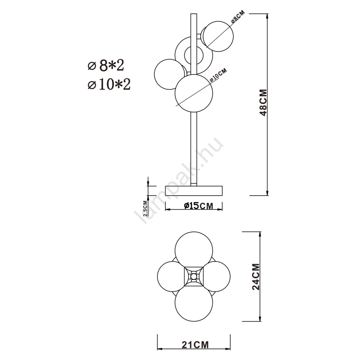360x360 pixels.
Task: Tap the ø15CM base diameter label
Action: (199, 206)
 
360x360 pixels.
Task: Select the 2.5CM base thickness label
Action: (145, 208)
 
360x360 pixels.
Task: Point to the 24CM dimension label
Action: (256, 277)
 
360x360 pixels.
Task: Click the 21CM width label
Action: (195, 345)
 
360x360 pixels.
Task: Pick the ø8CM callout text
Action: (238, 17)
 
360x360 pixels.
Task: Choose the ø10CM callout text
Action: (218, 75)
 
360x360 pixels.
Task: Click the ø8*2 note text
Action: (106, 65)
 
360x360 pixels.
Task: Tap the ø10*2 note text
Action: (109, 85)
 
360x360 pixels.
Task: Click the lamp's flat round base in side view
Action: (194, 191)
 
